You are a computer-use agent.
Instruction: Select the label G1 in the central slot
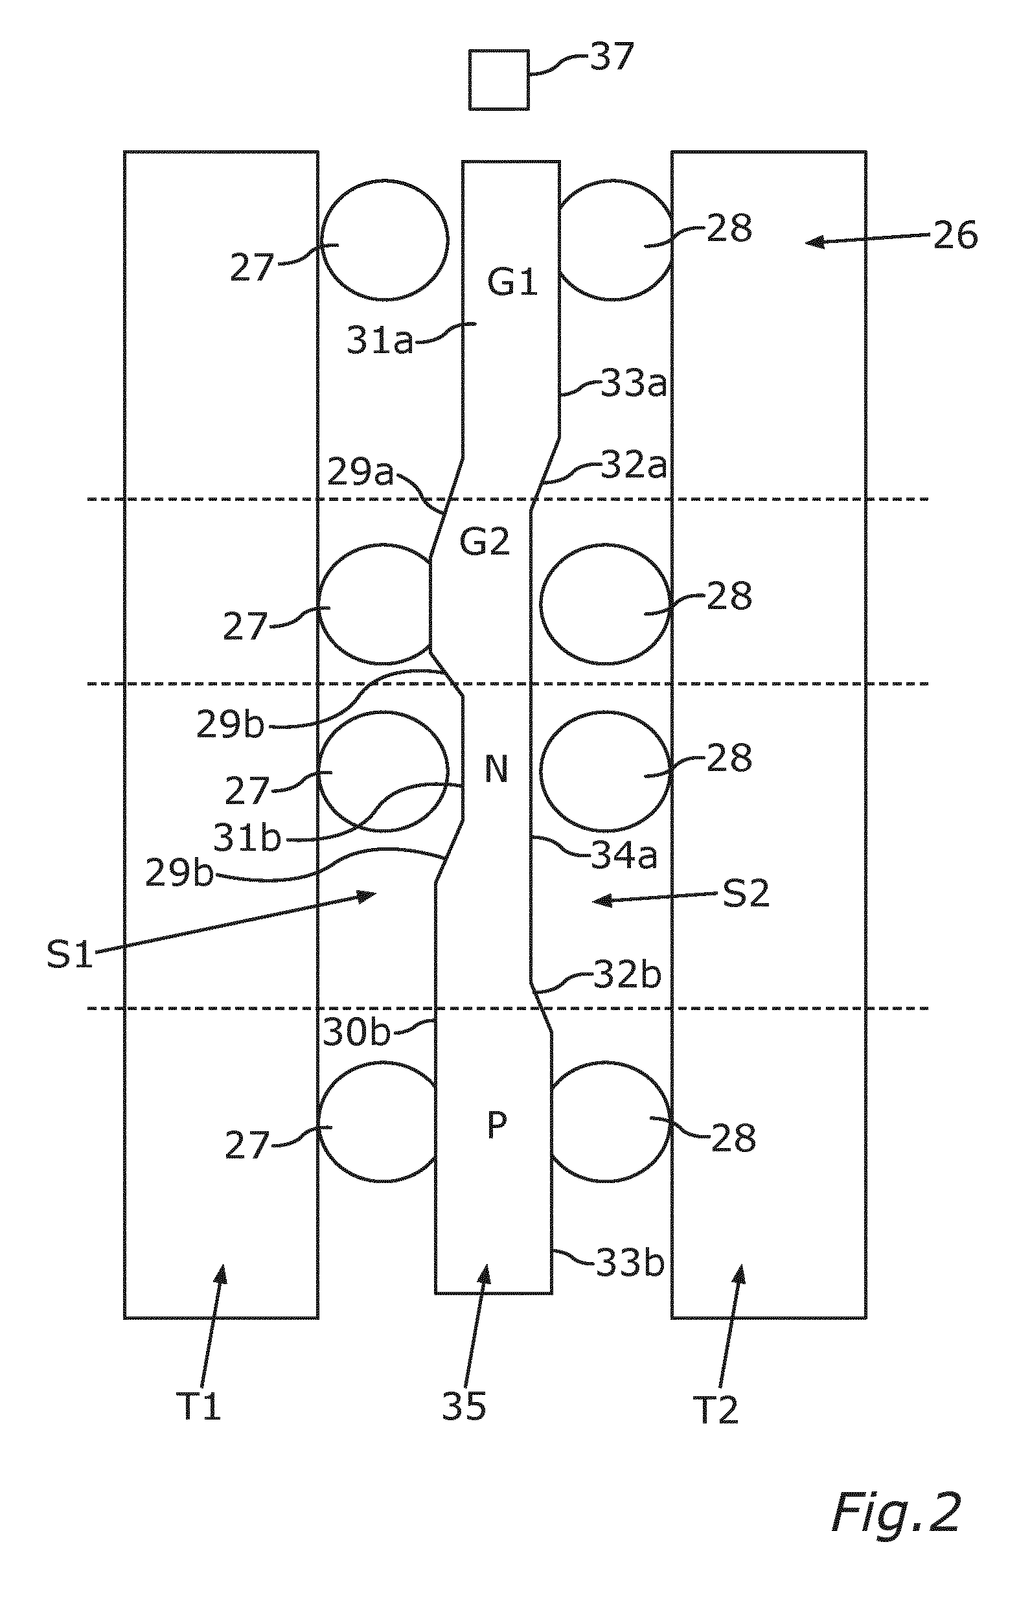(512, 284)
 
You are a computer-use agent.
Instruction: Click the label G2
(485, 543)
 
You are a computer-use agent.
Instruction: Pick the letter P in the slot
(498, 1125)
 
